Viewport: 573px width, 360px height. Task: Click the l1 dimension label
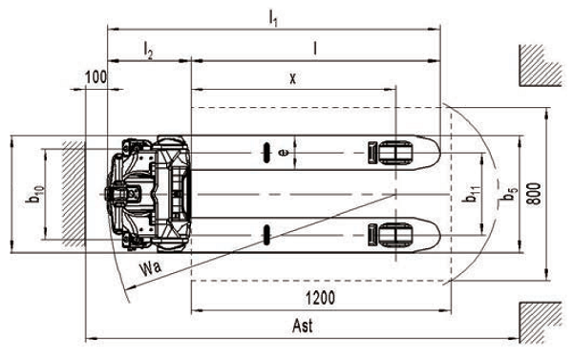click(x=273, y=17)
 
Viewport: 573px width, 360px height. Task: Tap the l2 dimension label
click(x=148, y=51)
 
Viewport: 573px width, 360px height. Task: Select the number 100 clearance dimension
click(x=95, y=77)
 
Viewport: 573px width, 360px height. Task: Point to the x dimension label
click(x=293, y=78)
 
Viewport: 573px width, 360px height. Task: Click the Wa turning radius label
click(x=150, y=268)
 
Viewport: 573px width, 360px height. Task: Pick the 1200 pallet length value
click(x=320, y=298)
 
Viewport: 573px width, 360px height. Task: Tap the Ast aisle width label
click(x=303, y=326)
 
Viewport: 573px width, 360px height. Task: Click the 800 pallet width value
click(x=535, y=194)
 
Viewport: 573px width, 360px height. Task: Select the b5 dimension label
click(x=509, y=194)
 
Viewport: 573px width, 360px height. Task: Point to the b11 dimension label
click(x=472, y=194)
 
